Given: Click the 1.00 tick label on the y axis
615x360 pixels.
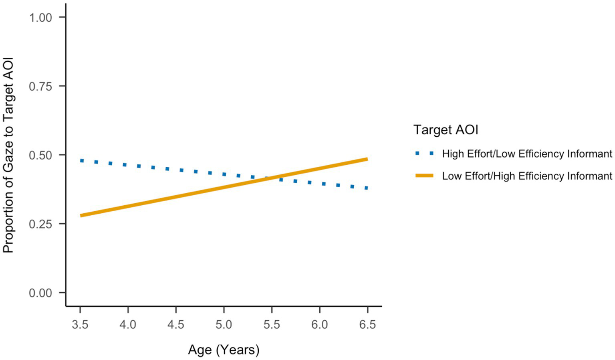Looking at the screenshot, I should point(40,18).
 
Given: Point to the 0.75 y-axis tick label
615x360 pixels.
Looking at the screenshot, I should point(40,87).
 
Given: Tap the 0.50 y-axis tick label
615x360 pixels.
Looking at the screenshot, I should point(40,156).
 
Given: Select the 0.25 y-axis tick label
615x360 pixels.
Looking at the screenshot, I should point(40,224).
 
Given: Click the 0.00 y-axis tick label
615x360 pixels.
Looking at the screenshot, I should point(40,293).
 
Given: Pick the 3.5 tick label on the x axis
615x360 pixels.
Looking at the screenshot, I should point(80,324).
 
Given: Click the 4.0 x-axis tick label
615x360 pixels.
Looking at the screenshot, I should point(128,324).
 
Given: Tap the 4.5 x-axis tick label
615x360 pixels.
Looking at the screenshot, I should point(176,324).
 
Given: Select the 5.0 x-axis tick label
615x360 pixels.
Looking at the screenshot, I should point(224,324).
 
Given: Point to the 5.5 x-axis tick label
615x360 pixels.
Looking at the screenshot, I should point(272,324).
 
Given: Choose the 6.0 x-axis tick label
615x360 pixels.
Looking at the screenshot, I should point(319,324).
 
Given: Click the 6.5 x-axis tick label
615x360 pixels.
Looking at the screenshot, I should point(367,324).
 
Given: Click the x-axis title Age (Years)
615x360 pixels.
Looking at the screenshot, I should point(224,350).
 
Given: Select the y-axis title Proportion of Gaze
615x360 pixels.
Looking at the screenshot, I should point(8,155).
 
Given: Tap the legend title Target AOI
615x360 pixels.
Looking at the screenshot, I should point(446,130).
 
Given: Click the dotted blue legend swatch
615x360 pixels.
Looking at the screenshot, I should point(424,154).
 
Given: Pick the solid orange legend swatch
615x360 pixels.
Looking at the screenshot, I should point(424,176).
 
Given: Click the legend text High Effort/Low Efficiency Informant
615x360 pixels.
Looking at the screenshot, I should point(527,154).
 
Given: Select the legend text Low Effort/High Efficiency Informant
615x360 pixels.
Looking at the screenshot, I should point(527,176).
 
